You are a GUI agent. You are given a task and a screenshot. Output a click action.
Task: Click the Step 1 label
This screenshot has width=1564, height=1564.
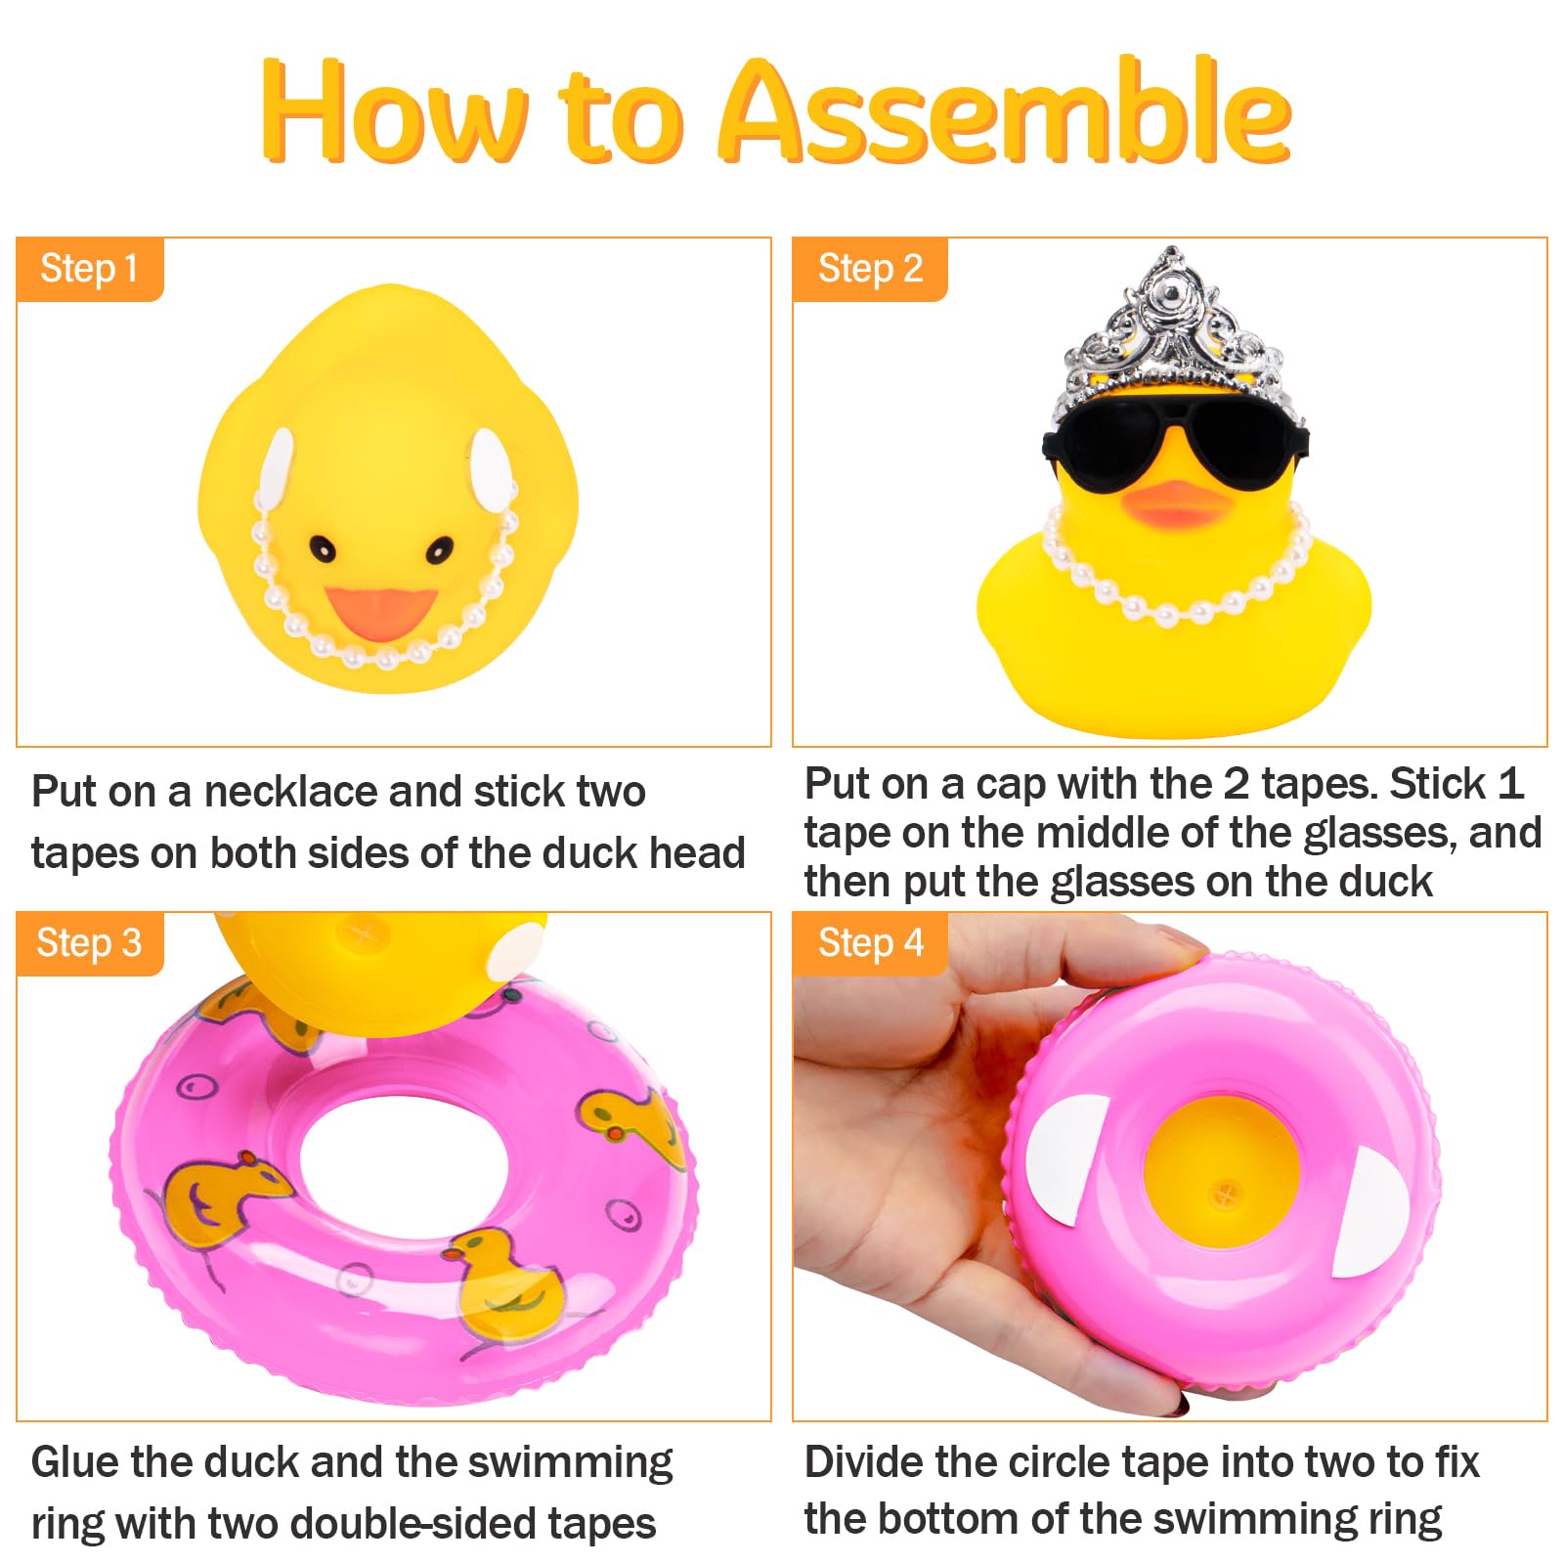(89, 269)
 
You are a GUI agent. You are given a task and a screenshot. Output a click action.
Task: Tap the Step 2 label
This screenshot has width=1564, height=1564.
(870, 269)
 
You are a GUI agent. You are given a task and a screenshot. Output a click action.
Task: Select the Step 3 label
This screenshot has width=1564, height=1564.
(89, 943)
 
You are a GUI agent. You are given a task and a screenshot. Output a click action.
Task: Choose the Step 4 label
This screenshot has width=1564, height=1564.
(870, 943)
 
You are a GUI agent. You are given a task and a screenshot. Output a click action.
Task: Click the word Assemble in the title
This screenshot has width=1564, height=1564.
(1006, 110)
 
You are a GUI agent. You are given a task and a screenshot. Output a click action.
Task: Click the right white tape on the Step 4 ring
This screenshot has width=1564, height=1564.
(1373, 1212)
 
